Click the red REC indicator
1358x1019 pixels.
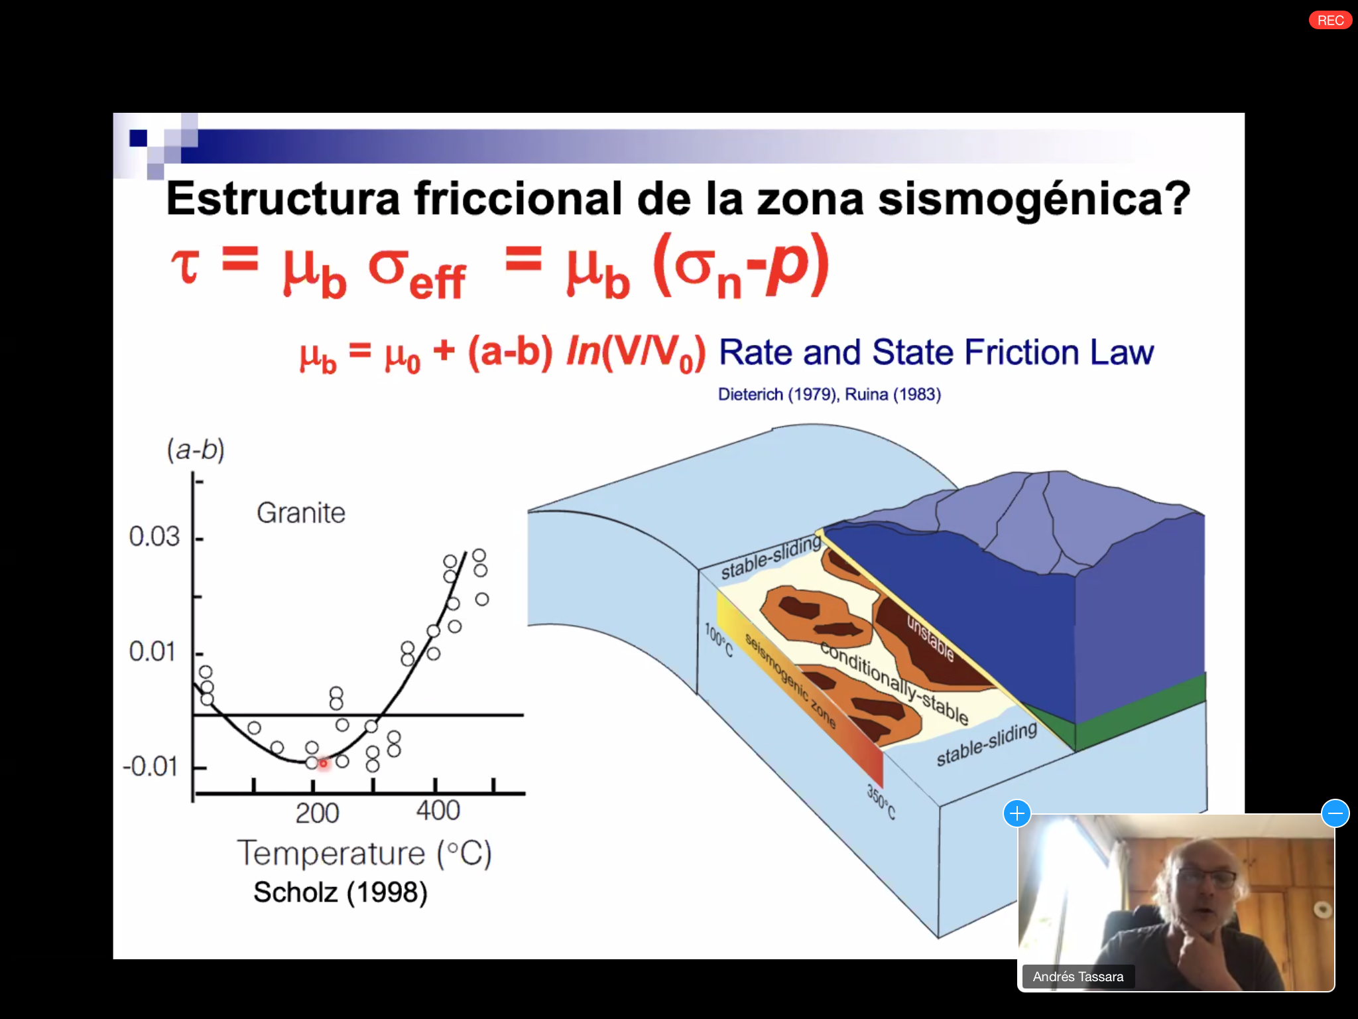point(1330,20)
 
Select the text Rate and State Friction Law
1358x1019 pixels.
point(936,352)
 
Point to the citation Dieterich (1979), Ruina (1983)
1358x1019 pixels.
point(830,394)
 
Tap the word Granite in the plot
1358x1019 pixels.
point(301,513)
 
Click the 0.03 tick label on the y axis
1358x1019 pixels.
point(154,536)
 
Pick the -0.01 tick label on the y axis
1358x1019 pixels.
point(150,766)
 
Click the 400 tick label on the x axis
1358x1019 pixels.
point(438,811)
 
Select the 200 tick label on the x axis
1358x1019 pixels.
point(317,813)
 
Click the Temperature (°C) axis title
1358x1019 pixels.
point(365,853)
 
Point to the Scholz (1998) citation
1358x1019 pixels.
point(340,892)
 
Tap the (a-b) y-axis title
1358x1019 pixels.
point(196,450)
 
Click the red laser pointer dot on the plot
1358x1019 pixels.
point(324,764)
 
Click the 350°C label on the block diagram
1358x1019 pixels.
point(881,801)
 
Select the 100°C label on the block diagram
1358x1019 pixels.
point(719,640)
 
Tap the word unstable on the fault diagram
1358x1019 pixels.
point(930,638)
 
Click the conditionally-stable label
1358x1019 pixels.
point(895,683)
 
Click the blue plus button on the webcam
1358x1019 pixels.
point(1017,813)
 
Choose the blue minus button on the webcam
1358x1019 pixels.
point(1335,813)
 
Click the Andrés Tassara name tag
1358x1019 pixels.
point(1078,977)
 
